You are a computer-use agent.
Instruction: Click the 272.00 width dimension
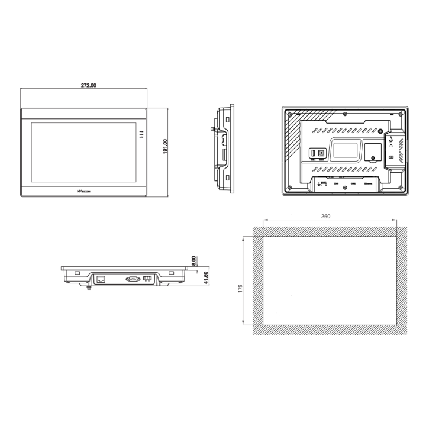89,85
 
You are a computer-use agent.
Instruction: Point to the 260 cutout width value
325,217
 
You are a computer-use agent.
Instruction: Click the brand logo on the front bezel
84,191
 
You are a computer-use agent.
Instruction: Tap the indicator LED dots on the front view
141,134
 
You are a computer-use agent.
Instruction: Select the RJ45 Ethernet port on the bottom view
101,278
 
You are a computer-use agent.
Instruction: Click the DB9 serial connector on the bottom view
132,278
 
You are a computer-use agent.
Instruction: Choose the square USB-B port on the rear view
321,153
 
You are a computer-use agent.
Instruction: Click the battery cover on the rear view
372,152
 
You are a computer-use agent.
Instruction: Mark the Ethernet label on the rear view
367,183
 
